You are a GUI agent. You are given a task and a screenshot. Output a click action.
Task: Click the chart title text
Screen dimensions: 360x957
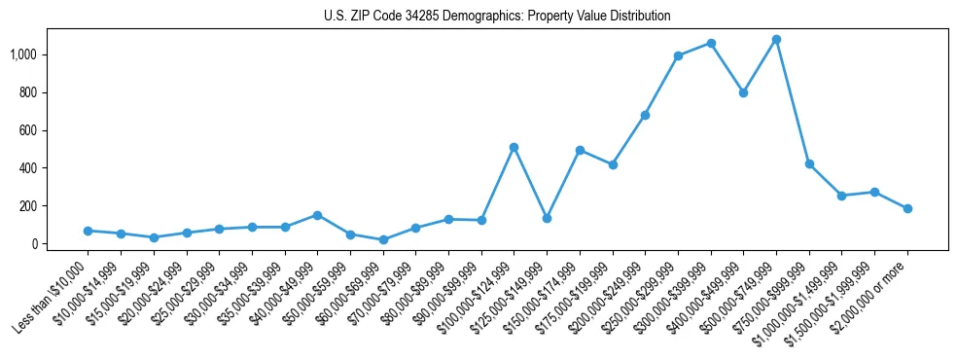point(497,16)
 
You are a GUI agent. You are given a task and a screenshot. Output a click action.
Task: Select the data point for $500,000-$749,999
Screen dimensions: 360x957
point(776,40)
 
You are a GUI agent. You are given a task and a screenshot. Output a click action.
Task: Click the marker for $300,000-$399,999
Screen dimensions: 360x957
point(711,44)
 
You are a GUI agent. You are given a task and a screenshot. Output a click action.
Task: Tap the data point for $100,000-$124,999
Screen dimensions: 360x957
point(514,147)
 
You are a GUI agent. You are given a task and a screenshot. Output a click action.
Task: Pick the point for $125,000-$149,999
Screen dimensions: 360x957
point(547,218)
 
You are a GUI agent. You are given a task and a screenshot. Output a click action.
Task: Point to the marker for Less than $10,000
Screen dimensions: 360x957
point(88,231)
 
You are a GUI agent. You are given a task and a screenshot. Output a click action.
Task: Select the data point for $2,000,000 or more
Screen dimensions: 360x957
point(907,208)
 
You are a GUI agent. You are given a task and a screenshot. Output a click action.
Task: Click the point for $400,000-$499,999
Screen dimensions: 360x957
point(743,93)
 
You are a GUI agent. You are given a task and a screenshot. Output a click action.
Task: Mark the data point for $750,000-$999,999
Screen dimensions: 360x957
point(809,164)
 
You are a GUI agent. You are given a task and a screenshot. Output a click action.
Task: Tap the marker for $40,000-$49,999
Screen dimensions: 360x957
point(317,215)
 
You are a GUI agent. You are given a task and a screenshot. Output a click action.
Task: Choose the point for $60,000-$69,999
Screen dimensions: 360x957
point(383,239)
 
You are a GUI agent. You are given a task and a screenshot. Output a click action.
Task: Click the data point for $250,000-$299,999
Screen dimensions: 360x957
point(678,55)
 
